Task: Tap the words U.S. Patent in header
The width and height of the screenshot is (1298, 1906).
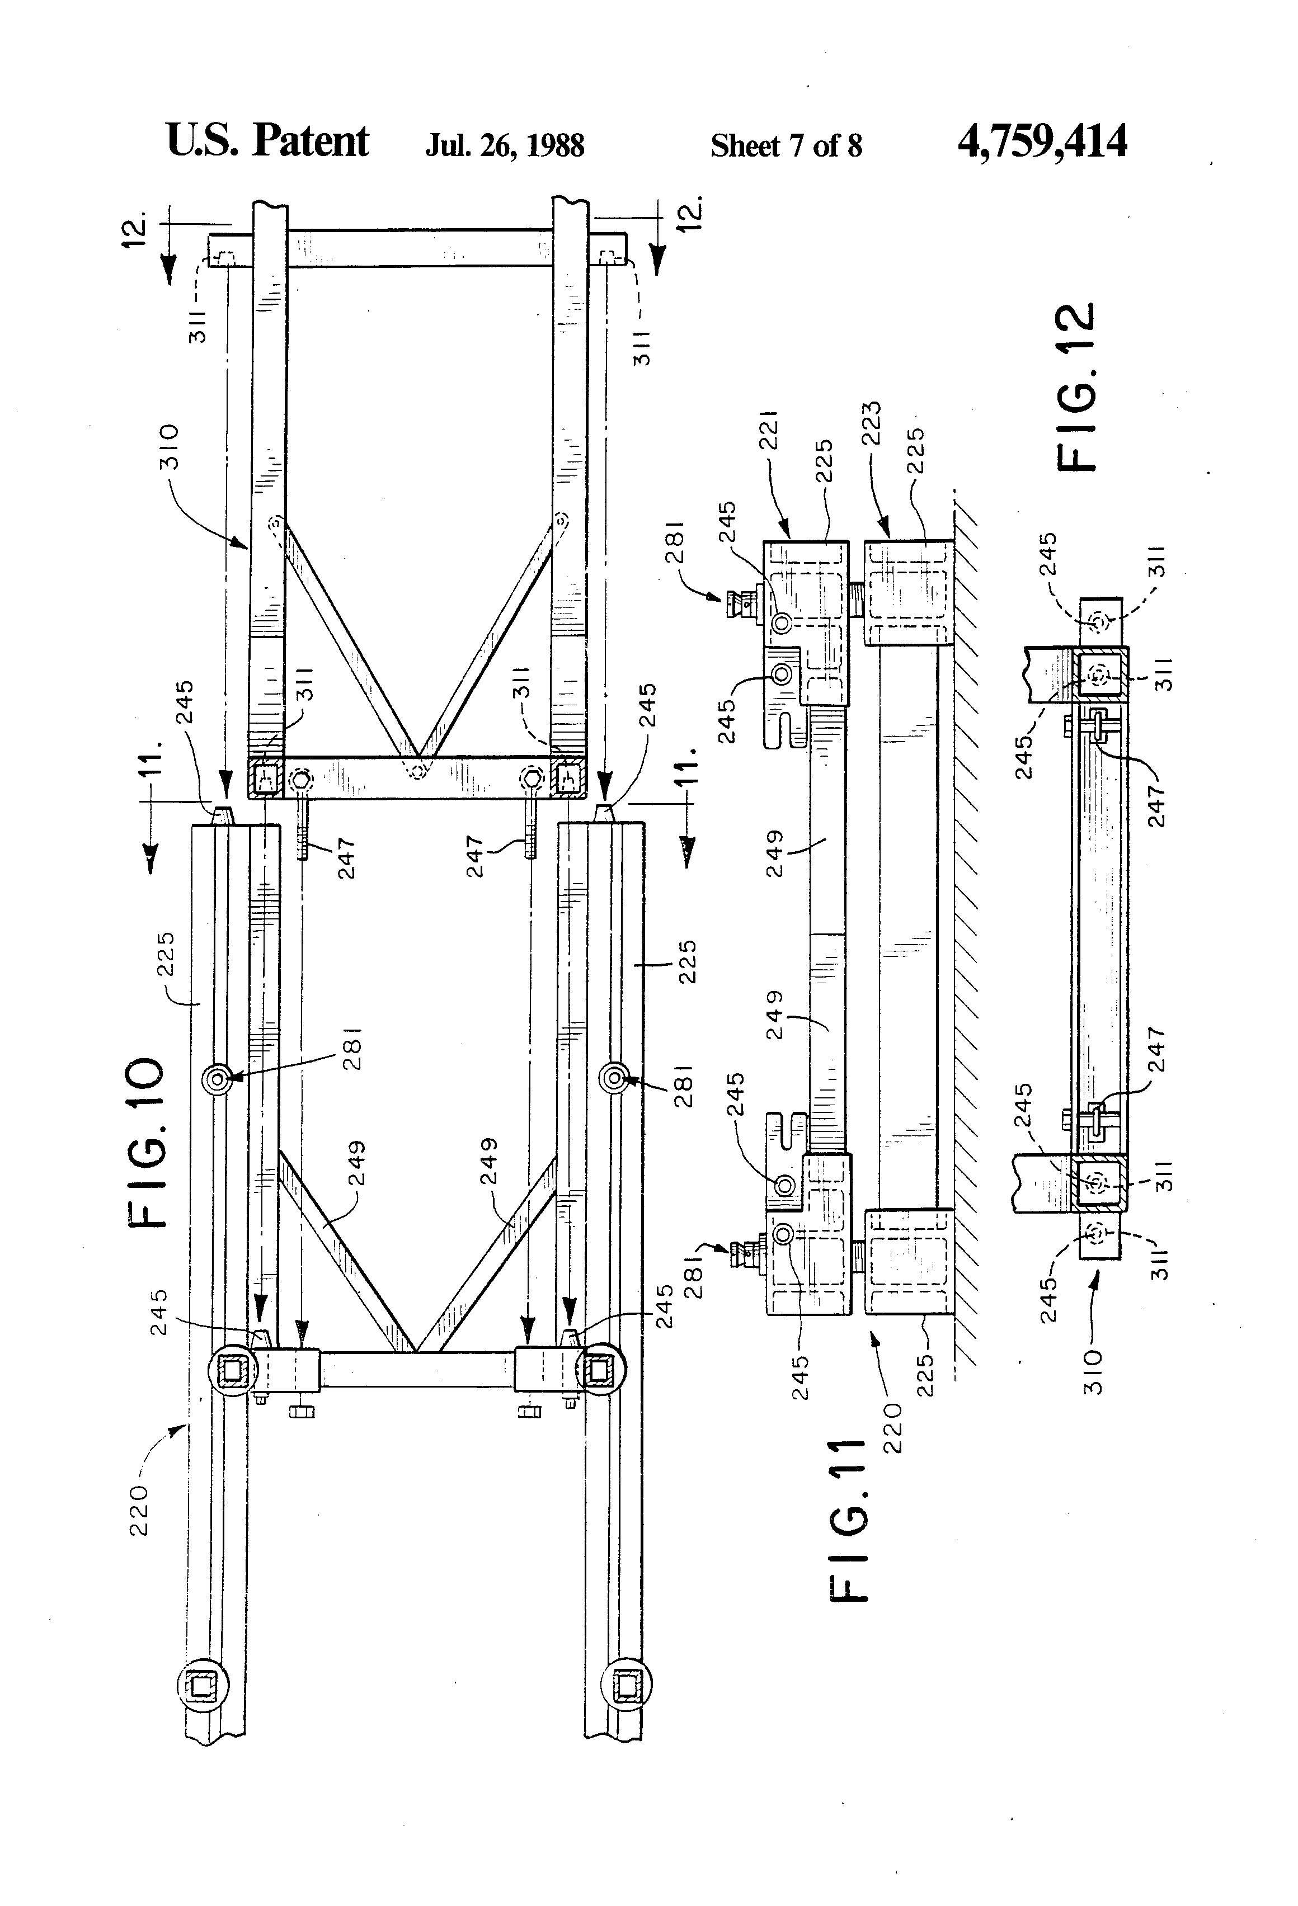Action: [267, 141]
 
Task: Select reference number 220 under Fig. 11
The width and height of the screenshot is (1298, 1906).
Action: [893, 1427]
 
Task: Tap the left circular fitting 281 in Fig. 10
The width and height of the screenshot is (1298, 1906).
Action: [217, 1079]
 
